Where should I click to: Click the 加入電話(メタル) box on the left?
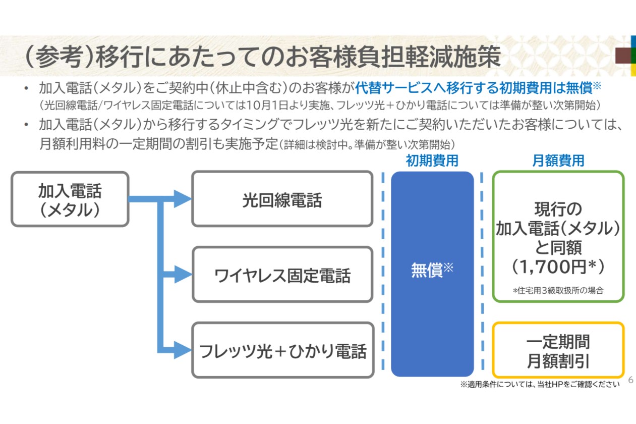[70, 199]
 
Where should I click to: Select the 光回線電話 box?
[282, 199]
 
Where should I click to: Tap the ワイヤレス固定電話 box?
[282, 275]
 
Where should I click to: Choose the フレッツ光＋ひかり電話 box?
[282, 350]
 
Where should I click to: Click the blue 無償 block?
[432, 273]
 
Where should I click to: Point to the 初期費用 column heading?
[432, 161]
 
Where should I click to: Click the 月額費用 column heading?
[558, 161]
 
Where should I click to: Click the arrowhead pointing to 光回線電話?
[182, 198]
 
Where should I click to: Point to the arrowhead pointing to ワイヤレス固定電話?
[182, 274]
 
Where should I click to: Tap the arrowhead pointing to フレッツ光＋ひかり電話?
[182, 350]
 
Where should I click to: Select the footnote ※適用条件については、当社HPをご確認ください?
[539, 385]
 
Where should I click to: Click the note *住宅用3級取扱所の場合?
[558, 291]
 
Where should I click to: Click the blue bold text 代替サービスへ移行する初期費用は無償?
[473, 89]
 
